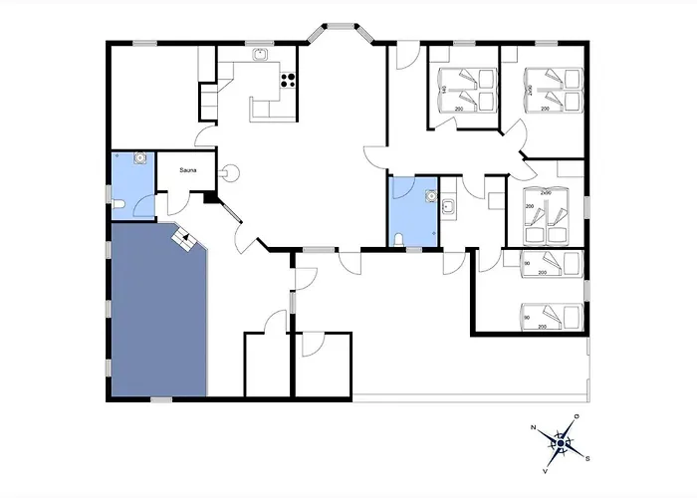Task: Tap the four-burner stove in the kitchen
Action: [290, 82]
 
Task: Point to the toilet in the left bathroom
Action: [118, 204]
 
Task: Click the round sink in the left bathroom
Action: [141, 157]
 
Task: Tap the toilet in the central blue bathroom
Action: [398, 237]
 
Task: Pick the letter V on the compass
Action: [545, 469]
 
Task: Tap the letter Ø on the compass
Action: [577, 416]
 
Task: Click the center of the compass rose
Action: [561, 443]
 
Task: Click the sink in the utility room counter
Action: [448, 206]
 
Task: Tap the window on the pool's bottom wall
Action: [161, 399]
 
